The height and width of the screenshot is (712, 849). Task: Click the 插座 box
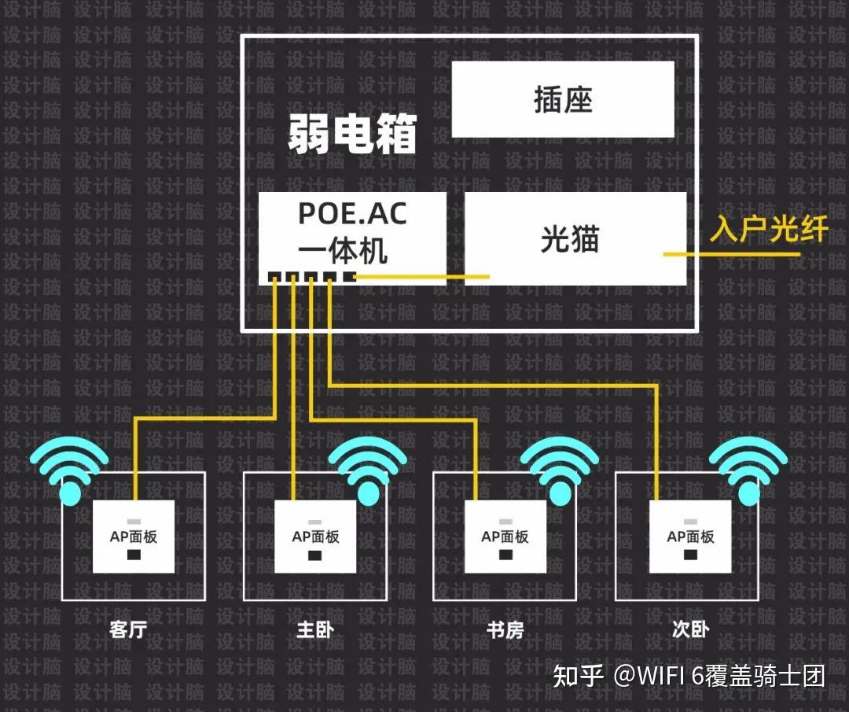point(563,99)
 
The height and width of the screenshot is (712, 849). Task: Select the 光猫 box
point(575,238)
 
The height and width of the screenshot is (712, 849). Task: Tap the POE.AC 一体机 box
point(352,233)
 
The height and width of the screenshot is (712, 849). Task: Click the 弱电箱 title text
point(351,135)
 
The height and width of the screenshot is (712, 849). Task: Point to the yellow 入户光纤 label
point(769,229)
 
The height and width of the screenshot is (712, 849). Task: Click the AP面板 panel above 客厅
point(134,537)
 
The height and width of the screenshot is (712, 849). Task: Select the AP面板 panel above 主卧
point(315,537)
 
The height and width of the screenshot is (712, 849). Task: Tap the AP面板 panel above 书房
point(505,537)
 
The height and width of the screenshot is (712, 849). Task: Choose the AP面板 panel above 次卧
point(690,537)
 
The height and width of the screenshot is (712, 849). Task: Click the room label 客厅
point(129,629)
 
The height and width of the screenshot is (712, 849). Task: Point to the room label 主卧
point(315,629)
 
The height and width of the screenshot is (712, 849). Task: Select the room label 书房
point(505,629)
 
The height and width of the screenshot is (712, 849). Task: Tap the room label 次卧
point(691,629)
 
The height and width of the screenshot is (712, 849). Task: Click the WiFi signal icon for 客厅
point(70,471)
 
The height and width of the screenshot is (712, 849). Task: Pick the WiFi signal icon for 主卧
point(366,471)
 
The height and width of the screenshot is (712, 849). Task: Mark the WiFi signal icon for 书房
point(559,471)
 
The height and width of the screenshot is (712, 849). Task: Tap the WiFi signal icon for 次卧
point(748,471)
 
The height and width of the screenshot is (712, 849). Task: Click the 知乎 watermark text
point(578,676)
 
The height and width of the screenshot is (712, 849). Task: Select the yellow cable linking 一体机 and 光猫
point(424,276)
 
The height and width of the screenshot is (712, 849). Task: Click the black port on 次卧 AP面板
point(690,555)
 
